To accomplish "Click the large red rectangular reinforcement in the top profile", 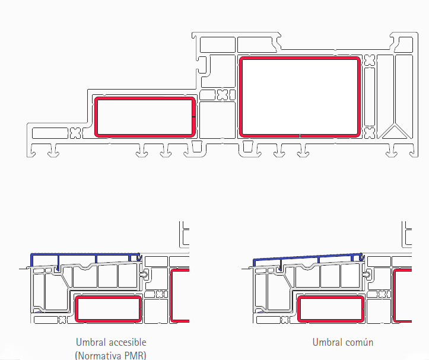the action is pos(300,58).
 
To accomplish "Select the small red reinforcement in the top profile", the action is pos(145,98).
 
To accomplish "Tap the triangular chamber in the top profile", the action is pos(394,133).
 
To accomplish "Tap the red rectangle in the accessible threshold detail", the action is pos(109,297).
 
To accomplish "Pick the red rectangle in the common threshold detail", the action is pos(331,297).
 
